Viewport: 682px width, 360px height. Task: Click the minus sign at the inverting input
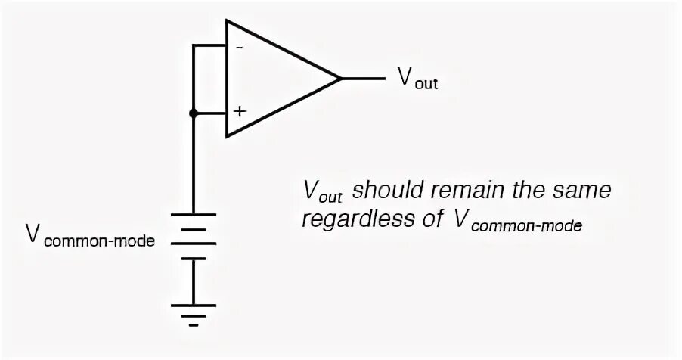coord(240,47)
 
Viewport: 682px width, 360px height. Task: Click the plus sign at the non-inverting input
coord(240,111)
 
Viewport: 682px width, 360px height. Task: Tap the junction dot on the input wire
coord(194,113)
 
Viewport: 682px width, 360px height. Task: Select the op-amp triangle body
coord(272,79)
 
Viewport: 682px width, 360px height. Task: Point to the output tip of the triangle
coord(339,78)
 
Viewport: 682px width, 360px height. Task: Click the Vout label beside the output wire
coord(417,79)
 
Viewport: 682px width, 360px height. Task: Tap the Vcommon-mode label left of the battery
coord(91,237)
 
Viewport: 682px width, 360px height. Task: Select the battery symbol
coord(194,242)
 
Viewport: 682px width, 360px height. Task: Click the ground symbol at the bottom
coord(194,312)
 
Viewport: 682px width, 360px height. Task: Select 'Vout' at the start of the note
coord(321,191)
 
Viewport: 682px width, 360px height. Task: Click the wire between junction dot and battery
coord(194,166)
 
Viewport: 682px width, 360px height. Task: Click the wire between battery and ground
coord(194,284)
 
